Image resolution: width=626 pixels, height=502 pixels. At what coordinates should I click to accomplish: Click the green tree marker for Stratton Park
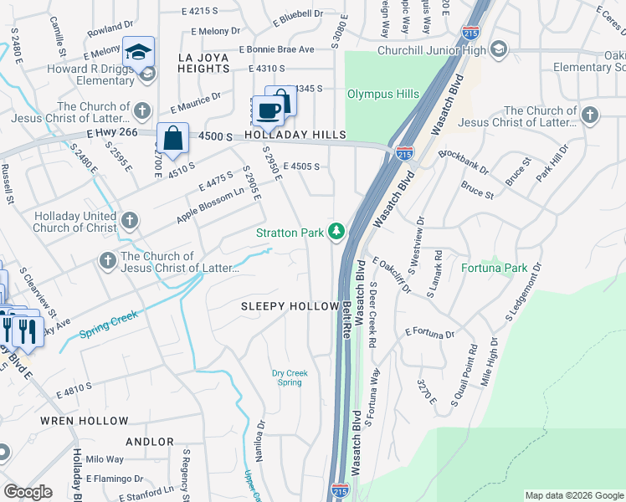(336, 231)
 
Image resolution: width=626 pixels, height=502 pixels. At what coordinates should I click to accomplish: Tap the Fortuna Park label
(495, 269)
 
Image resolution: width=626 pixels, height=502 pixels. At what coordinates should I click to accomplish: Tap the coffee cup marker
(269, 110)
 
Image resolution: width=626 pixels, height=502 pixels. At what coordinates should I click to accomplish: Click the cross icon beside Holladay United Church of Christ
(129, 221)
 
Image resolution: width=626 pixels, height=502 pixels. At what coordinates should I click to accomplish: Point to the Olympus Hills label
(382, 95)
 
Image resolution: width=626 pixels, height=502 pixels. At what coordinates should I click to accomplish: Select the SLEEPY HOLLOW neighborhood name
(290, 307)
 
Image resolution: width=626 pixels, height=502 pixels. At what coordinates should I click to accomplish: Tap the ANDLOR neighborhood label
(150, 442)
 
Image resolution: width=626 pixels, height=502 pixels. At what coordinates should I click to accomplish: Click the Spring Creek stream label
(108, 324)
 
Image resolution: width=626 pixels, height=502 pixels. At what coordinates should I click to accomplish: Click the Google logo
(28, 493)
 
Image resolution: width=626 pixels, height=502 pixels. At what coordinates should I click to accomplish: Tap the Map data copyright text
(573, 495)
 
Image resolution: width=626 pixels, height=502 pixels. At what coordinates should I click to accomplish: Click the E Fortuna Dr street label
(428, 333)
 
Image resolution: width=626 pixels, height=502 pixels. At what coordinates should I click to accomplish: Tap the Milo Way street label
(105, 459)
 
